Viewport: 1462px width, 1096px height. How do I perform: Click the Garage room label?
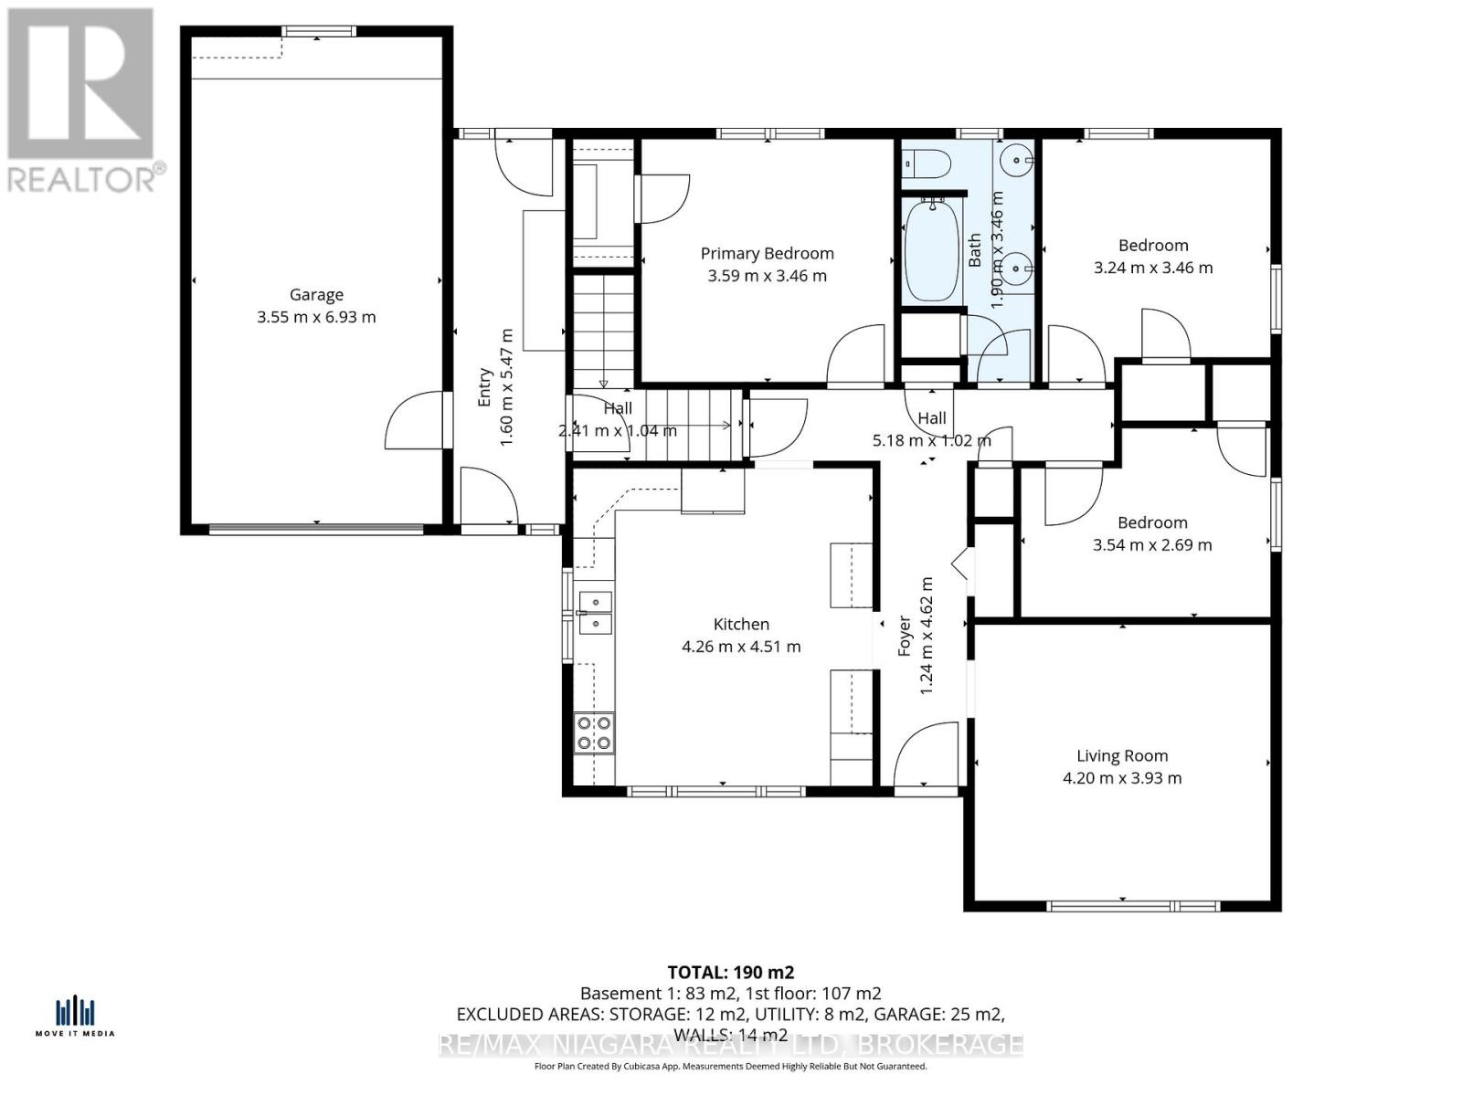pos(316,294)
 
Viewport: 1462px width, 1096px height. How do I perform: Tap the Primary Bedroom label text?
pos(767,254)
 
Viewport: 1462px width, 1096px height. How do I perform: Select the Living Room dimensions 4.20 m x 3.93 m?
pos(1121,778)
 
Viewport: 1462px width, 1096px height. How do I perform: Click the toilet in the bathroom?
pos(927,163)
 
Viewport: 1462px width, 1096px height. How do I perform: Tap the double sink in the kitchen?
pos(595,613)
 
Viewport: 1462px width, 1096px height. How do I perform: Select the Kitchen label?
pos(741,624)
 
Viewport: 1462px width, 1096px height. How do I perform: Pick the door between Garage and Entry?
pos(419,419)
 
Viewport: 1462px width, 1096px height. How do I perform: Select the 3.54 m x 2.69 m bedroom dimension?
pos(1152,545)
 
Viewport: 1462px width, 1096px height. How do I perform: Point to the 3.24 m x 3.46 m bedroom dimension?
pos(1153,268)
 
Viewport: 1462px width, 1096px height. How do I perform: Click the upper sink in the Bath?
pos(1016,161)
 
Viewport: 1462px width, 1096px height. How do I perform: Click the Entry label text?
pos(485,387)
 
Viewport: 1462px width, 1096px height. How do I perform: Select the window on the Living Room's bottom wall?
pos(1133,906)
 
